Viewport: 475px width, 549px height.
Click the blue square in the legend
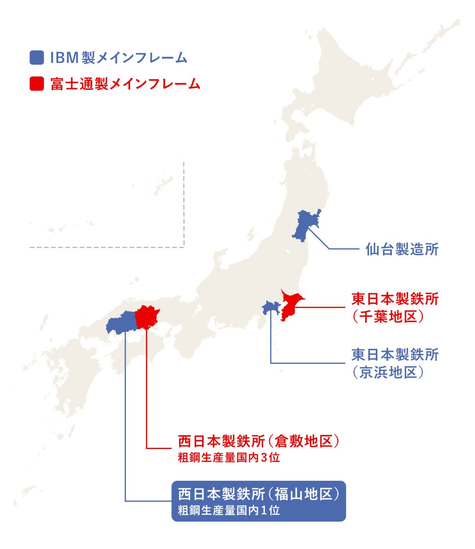click(x=36, y=58)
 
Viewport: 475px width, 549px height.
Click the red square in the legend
click(x=36, y=84)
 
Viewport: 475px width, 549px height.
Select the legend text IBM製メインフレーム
click(x=119, y=58)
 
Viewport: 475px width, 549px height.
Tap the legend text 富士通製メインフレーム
click(x=125, y=84)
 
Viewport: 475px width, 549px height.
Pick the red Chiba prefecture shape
click(x=290, y=304)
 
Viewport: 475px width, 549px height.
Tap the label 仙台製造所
click(x=402, y=249)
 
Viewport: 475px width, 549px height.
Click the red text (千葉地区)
click(x=388, y=316)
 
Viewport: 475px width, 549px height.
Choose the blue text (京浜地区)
click(x=388, y=372)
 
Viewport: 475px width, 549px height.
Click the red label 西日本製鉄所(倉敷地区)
click(x=258, y=441)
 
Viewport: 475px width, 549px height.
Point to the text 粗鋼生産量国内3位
click(x=229, y=458)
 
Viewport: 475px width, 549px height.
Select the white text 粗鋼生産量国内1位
click(x=229, y=511)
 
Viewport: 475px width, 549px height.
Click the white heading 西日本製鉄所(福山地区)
click(x=258, y=494)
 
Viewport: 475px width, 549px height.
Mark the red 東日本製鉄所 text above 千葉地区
click(x=395, y=299)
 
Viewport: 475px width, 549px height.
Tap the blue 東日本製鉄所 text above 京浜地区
click(x=395, y=354)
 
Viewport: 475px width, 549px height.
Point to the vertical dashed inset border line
click(x=184, y=204)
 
